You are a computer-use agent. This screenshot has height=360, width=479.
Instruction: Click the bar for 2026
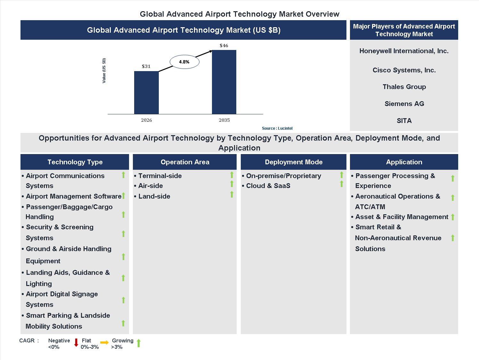tap(146, 93)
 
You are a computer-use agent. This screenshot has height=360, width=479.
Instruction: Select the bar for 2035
tap(224, 82)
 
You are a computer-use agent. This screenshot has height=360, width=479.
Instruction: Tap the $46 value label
tap(224, 45)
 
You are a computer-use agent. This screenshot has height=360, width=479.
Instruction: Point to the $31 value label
tap(146, 66)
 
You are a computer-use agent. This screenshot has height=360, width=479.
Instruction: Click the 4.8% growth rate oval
tap(184, 62)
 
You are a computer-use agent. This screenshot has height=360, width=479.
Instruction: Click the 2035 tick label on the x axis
tap(224, 120)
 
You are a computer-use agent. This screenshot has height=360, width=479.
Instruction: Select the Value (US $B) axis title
tap(104, 71)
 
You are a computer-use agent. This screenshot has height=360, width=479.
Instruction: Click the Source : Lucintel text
tap(277, 128)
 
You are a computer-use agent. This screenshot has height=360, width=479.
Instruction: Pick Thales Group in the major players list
tap(404, 87)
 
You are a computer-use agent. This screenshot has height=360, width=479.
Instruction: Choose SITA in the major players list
tap(404, 121)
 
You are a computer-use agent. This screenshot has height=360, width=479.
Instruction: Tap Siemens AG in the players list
tap(404, 104)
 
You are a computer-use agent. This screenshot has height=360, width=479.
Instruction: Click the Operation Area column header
tap(185, 162)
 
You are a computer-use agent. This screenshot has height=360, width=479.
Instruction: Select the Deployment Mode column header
tap(293, 162)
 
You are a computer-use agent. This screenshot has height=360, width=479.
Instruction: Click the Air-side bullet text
tap(150, 186)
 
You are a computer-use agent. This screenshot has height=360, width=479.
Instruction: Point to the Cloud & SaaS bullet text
tap(268, 186)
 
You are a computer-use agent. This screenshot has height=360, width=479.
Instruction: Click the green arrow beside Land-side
tap(232, 194)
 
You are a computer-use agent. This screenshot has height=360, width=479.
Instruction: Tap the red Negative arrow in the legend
tap(76, 343)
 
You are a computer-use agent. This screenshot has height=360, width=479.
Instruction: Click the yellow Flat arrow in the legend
tap(104, 343)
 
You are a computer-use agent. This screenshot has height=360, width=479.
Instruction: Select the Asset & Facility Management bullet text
tap(402, 217)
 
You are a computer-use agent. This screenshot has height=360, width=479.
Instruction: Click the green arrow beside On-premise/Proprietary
tap(342, 175)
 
